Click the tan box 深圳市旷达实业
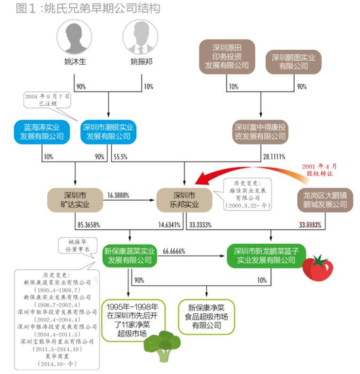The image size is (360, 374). [76, 200]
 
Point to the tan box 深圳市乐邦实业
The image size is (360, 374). [183, 200]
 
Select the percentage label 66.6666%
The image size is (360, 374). [178, 250]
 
